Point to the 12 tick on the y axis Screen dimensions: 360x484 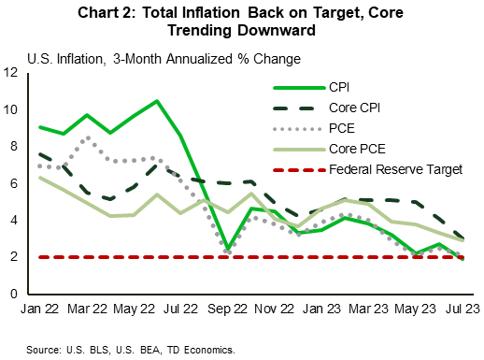coord(12,73)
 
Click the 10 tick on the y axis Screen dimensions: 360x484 coord(12,109)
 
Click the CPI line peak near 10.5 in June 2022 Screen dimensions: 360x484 coord(156,101)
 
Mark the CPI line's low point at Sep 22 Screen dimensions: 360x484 coord(228,250)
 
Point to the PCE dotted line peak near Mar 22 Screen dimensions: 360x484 coord(87,138)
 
